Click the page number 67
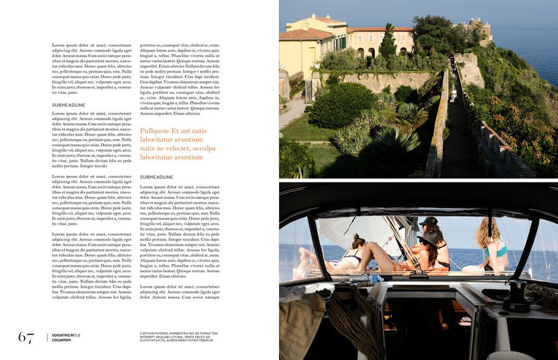[25, 338]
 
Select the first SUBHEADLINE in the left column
[69, 105]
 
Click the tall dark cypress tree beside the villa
[387, 43]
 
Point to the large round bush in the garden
[403, 94]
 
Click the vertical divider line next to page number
[47, 338]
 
